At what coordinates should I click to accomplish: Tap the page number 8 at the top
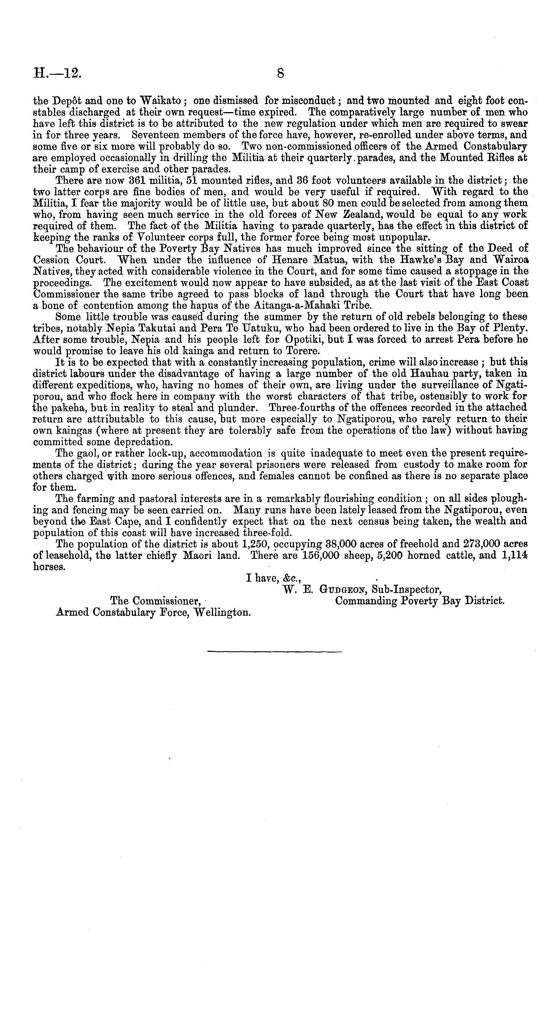[x=280, y=74]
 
